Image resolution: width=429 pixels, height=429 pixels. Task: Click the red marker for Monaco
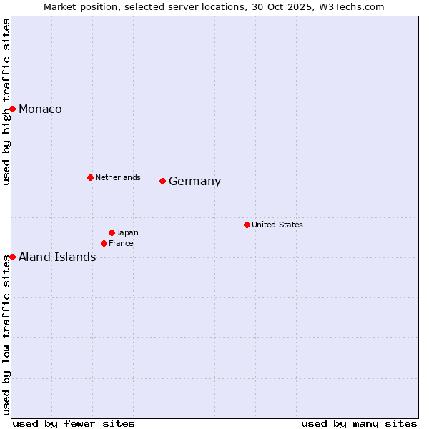13,109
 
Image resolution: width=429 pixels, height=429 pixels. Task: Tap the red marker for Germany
163,181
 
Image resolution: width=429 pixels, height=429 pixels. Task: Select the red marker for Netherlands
90,177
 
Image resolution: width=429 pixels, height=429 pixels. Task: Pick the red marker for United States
247,225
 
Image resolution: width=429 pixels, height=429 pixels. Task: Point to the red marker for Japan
112,232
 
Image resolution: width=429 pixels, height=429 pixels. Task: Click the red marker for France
104,243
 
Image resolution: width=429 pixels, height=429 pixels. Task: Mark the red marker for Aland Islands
13,257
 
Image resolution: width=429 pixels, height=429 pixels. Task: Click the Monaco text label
40,109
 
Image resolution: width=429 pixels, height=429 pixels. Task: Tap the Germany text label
194,182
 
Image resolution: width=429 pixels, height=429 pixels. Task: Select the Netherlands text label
118,177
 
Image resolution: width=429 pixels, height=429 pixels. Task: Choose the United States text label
277,225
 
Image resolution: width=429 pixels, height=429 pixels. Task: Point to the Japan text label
127,232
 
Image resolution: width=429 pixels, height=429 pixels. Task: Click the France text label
121,243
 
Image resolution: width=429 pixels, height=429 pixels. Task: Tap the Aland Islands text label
57,257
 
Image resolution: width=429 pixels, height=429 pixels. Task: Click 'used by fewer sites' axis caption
74,423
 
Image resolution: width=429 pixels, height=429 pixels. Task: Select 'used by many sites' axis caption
359,423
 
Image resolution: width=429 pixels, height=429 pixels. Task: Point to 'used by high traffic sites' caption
6,102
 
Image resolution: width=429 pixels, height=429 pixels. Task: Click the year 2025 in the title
305,6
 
